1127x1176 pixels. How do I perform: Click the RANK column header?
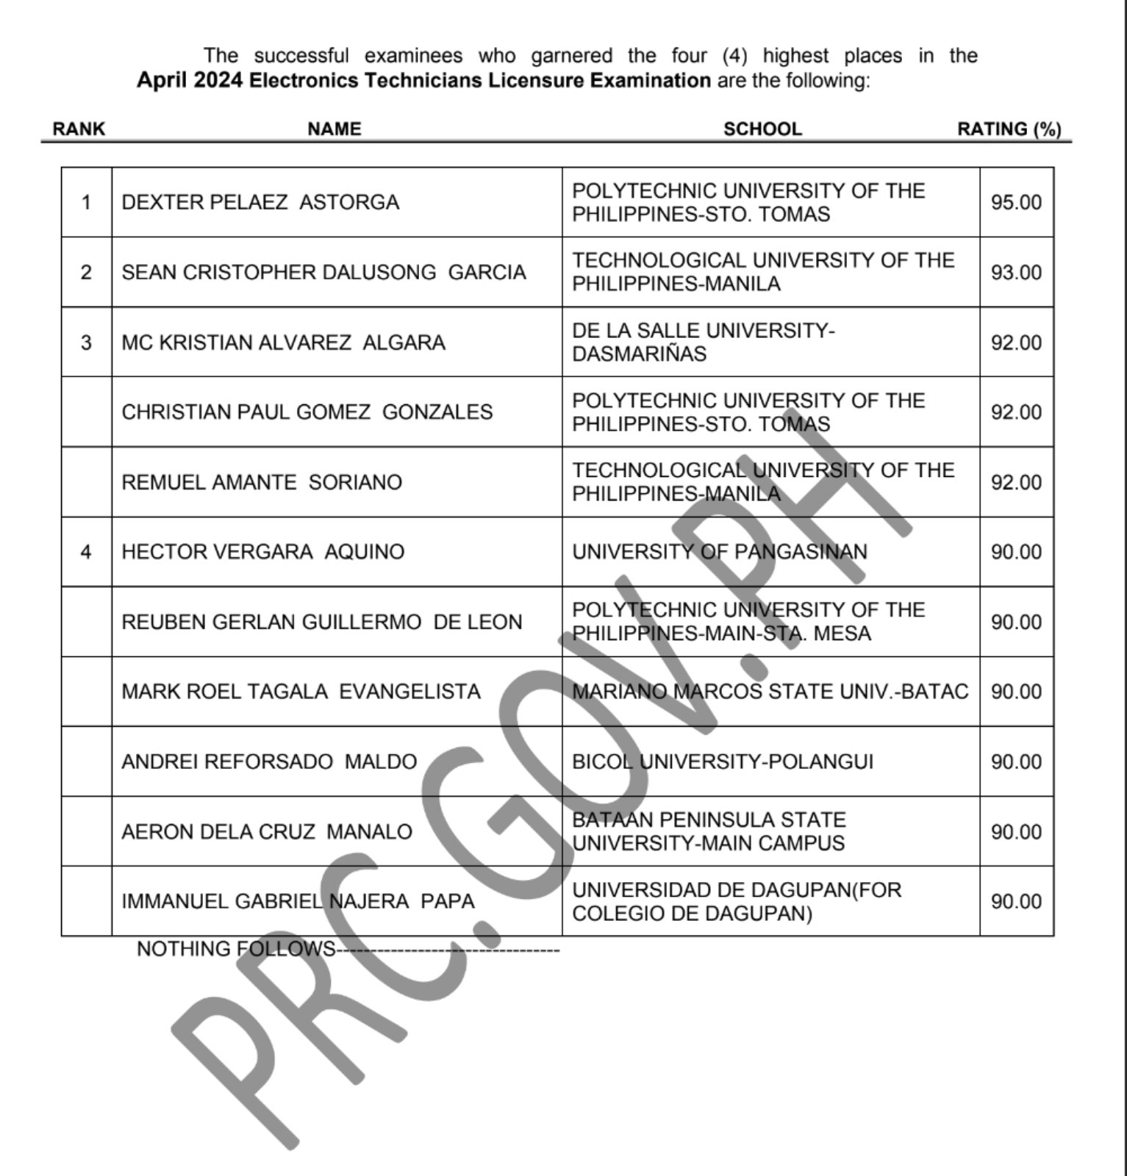click(79, 129)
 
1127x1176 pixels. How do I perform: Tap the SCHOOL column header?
click(762, 129)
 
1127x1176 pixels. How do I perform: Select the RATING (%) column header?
click(1009, 129)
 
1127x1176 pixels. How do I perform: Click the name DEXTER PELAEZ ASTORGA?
click(260, 202)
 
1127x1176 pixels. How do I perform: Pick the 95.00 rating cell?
click(1016, 202)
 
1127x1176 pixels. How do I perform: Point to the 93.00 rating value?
click(1016, 272)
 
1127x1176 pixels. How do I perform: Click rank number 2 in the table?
click(86, 272)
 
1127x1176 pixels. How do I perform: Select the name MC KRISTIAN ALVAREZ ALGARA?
click(283, 343)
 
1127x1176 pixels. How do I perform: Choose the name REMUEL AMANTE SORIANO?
click(262, 482)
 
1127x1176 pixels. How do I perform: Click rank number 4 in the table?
click(86, 552)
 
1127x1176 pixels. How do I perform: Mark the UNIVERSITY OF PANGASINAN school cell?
click(720, 552)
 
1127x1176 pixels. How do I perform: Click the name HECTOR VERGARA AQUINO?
click(262, 552)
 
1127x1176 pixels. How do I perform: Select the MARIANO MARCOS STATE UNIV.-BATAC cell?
click(770, 692)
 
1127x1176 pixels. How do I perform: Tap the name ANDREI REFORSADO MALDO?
click(269, 761)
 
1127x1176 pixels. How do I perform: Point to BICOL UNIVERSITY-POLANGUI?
click(723, 761)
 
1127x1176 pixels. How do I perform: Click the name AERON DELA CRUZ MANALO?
click(267, 831)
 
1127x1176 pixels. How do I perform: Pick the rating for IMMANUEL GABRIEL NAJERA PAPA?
click(1016, 901)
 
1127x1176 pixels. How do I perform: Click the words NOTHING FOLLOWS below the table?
click(235, 949)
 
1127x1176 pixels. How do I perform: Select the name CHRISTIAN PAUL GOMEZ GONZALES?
click(307, 412)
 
